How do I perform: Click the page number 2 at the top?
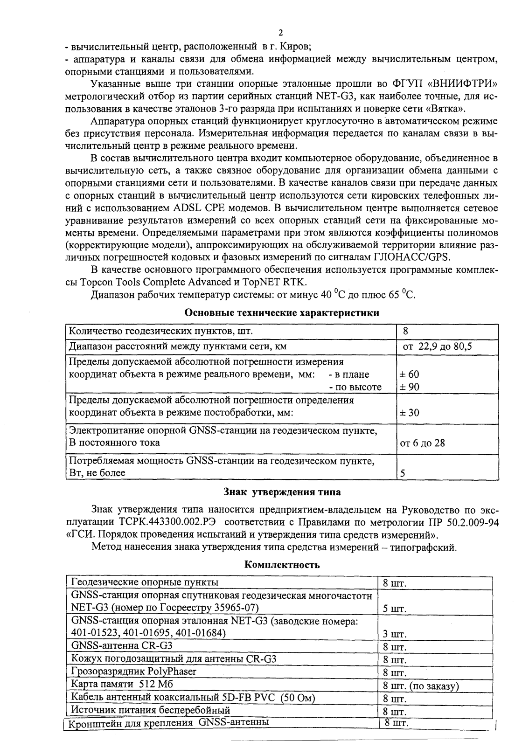click(280, 33)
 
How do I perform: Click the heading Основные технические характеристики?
click(282, 313)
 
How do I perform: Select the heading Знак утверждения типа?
click(282, 492)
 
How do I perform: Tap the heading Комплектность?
click(282, 565)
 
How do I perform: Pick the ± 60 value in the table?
click(409, 374)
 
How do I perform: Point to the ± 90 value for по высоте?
click(409, 387)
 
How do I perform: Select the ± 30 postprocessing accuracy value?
click(409, 413)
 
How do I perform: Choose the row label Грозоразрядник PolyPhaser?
click(133, 671)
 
